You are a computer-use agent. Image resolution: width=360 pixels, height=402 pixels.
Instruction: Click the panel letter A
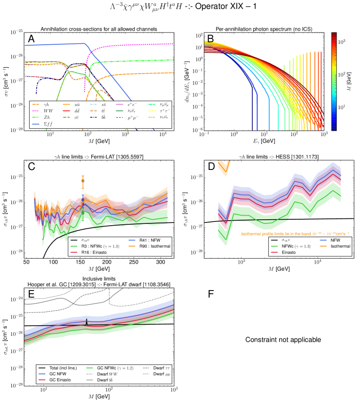point(31,40)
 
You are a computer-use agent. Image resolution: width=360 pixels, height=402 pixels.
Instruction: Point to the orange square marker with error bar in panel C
point(83,181)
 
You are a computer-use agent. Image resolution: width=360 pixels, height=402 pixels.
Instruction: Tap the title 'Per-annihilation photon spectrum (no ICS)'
point(265,29)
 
